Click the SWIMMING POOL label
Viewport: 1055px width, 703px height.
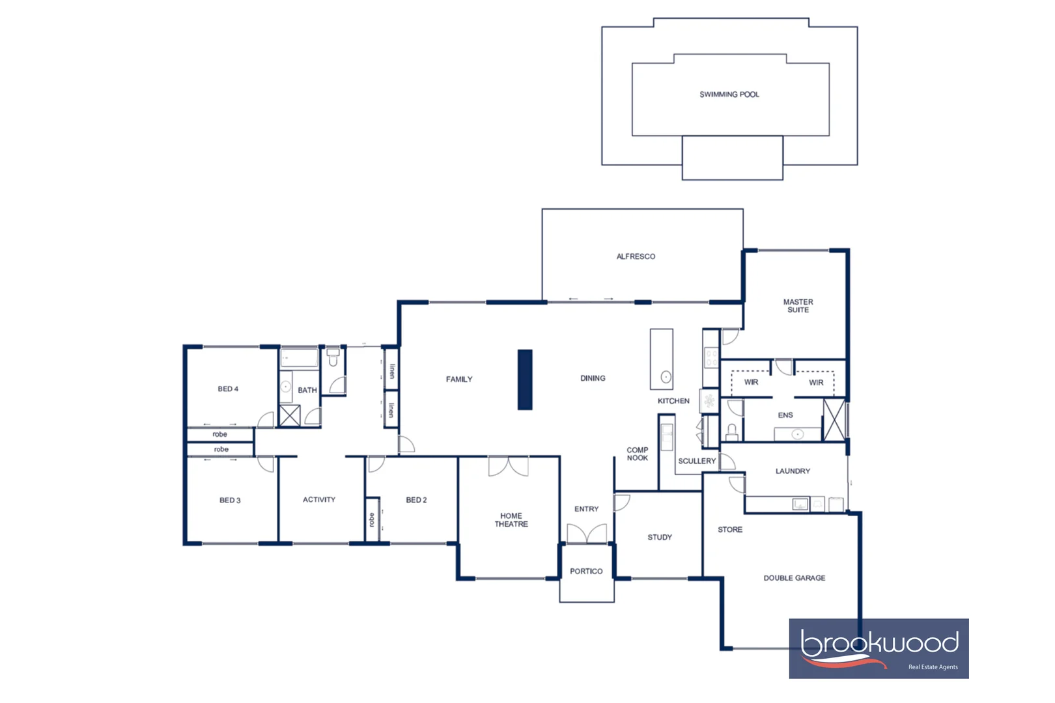pyautogui.click(x=729, y=94)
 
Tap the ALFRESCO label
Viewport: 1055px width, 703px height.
pyautogui.click(x=636, y=256)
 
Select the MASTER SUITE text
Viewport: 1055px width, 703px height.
pyautogui.click(x=798, y=306)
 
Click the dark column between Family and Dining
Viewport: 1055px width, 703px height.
pyautogui.click(x=525, y=379)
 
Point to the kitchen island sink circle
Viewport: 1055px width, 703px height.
pyautogui.click(x=666, y=377)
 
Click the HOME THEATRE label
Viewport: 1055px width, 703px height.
pyautogui.click(x=511, y=519)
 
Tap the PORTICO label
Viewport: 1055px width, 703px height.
pyautogui.click(x=586, y=572)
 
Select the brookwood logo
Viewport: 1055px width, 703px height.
pyautogui.click(x=879, y=648)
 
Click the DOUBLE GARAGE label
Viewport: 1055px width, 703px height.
pyautogui.click(x=794, y=578)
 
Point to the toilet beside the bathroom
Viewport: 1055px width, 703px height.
pyautogui.click(x=333, y=357)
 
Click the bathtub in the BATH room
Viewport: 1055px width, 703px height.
pyautogui.click(x=299, y=358)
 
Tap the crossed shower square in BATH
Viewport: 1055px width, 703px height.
pyautogui.click(x=290, y=415)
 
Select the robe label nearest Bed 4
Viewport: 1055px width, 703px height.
pyautogui.click(x=220, y=434)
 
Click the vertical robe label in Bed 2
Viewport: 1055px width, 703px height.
pyautogui.click(x=372, y=519)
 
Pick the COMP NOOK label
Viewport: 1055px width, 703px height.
pyautogui.click(x=637, y=454)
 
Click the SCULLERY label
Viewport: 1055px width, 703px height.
pyautogui.click(x=697, y=461)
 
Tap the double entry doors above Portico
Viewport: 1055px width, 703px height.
pyautogui.click(x=587, y=534)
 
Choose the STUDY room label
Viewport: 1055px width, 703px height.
pyautogui.click(x=659, y=537)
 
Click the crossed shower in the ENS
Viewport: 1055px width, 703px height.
pyautogui.click(x=834, y=420)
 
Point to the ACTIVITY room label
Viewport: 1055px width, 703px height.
pyautogui.click(x=319, y=500)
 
